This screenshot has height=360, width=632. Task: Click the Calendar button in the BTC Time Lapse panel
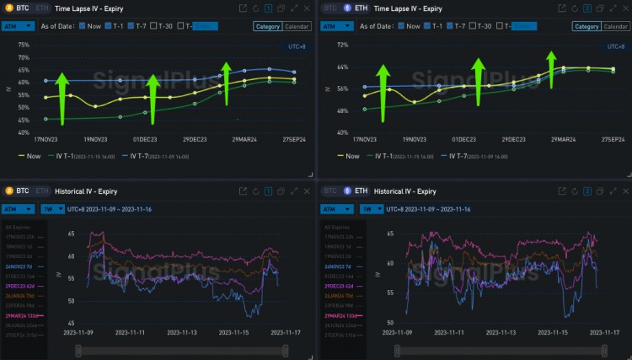click(x=296, y=26)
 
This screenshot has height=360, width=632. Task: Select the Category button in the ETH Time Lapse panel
click(x=586, y=26)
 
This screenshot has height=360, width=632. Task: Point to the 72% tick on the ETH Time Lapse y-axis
click(x=342, y=44)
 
